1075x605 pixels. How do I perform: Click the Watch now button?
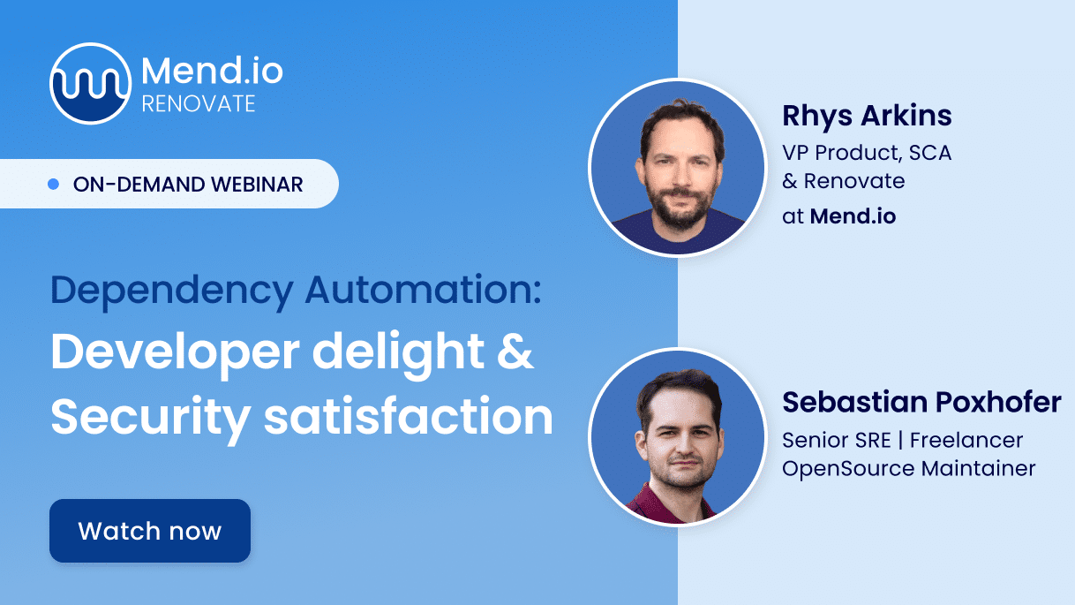(150, 531)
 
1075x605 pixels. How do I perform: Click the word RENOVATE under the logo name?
(199, 104)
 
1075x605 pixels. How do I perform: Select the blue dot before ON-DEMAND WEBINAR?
(53, 184)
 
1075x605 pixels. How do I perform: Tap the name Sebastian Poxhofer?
(921, 402)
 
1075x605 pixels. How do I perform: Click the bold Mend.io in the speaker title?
(853, 216)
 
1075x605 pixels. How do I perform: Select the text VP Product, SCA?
(867, 152)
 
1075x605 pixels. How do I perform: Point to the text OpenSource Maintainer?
(909, 468)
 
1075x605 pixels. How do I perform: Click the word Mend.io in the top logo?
(212, 70)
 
